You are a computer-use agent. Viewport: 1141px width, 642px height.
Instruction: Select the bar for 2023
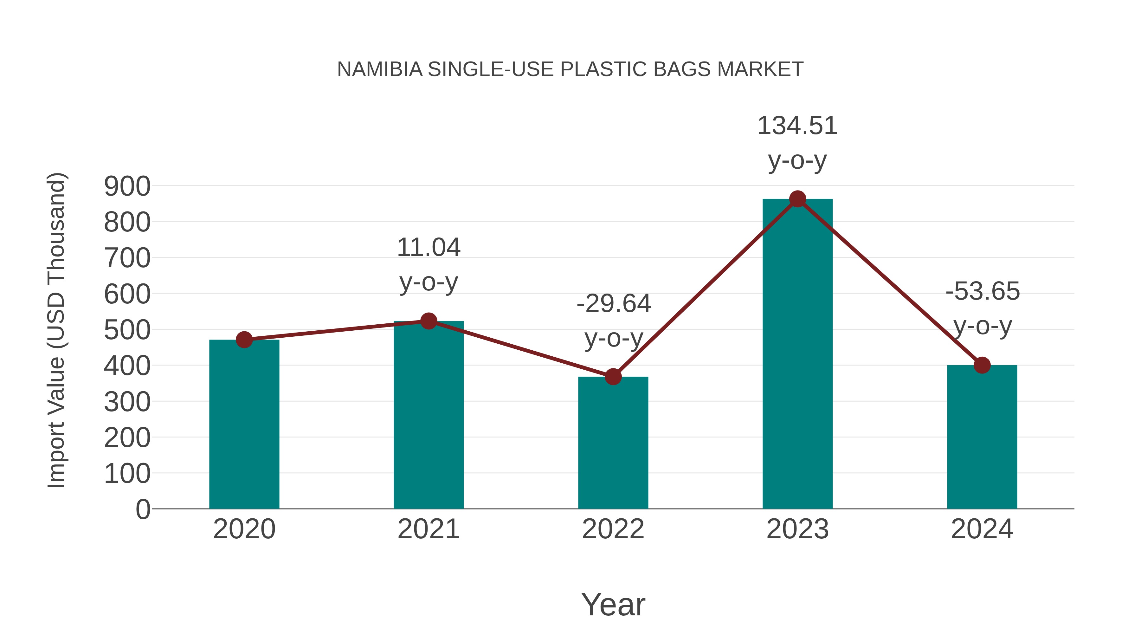tap(797, 354)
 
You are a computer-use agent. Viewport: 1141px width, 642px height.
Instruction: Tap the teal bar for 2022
tap(613, 443)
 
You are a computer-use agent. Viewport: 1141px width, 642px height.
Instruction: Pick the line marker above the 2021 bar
tap(428, 321)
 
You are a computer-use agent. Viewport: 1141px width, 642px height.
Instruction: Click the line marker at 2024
tap(982, 365)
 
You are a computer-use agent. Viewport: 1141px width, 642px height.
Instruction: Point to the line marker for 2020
tap(244, 340)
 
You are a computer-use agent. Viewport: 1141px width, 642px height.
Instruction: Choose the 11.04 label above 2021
tap(428, 247)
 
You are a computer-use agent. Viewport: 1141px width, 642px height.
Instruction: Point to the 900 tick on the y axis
tap(127, 186)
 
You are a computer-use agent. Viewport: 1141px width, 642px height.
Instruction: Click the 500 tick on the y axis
tap(127, 330)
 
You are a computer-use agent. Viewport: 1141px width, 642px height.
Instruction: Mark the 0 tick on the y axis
tap(143, 509)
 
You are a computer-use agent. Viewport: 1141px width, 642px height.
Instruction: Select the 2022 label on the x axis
tap(613, 529)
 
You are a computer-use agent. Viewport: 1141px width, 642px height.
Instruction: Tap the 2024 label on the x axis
tap(982, 529)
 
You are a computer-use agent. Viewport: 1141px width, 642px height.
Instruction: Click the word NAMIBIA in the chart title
tap(380, 69)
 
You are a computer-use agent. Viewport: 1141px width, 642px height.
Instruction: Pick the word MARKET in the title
tap(760, 69)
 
